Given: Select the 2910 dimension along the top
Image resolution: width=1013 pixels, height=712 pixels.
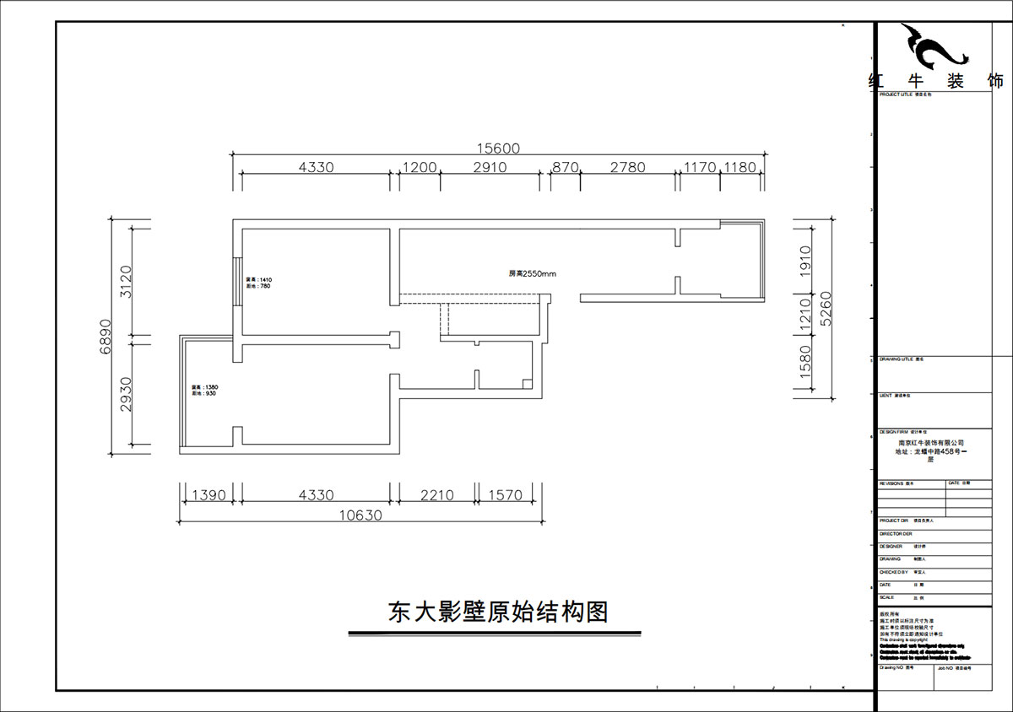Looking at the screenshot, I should (490, 167).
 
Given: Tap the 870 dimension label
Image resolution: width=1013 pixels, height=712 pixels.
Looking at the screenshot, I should (565, 167).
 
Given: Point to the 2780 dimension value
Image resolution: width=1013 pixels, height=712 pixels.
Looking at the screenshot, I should (628, 167).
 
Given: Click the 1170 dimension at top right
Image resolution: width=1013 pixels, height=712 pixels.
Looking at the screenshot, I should (700, 167).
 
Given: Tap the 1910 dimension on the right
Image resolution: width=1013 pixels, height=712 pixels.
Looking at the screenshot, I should (804, 262).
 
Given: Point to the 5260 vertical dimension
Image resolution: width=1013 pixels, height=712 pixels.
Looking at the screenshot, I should (826, 309).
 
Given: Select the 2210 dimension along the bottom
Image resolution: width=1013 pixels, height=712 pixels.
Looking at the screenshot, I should (437, 495).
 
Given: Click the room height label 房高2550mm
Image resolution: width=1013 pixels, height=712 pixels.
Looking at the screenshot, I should (532, 274).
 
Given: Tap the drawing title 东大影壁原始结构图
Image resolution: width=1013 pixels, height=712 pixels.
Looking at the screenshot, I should (498, 612).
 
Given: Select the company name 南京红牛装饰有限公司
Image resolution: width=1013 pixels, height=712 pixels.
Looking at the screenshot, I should (931, 442).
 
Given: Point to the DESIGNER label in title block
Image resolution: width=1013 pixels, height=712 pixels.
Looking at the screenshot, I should (891, 546).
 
